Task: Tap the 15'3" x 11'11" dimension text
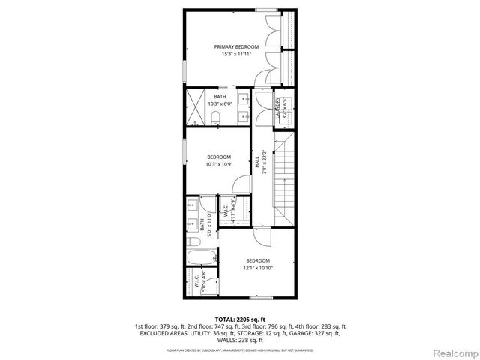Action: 235,55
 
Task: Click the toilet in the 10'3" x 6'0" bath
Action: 215,116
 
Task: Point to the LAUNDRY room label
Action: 278,109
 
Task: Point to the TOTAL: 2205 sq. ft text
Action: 240,319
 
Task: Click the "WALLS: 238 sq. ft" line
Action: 240,340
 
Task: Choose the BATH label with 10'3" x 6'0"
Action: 220,97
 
